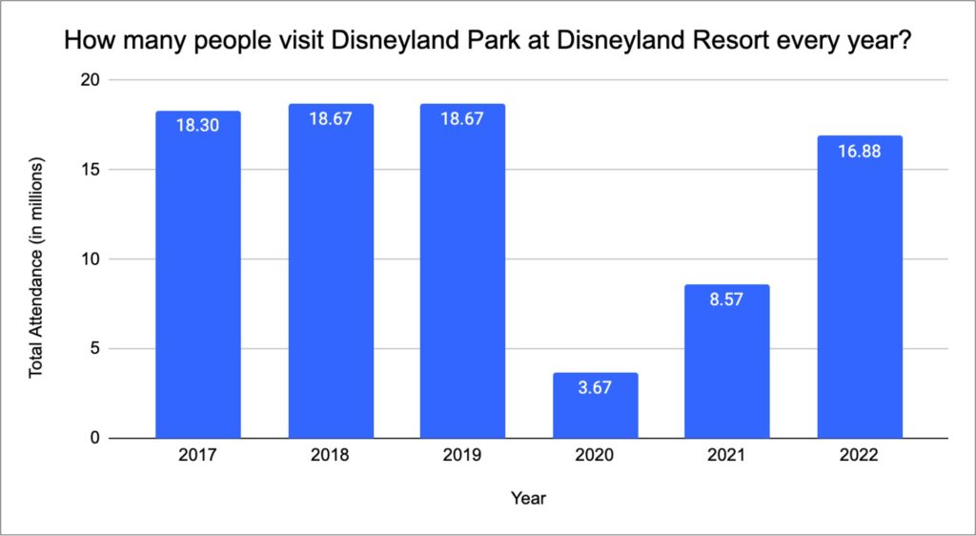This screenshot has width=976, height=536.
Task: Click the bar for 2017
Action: click(x=198, y=277)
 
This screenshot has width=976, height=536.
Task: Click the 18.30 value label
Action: click(x=198, y=125)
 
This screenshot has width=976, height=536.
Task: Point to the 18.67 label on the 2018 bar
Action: click(x=331, y=118)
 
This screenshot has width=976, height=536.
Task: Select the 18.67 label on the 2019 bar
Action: click(x=463, y=118)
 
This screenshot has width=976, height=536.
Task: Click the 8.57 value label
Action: click(x=727, y=299)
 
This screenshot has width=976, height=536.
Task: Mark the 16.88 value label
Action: click(x=860, y=151)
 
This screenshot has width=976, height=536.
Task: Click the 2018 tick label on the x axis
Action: click(x=331, y=457)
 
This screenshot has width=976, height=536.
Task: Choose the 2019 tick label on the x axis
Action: click(x=463, y=457)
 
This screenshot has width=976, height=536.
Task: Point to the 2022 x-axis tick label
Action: click(x=860, y=457)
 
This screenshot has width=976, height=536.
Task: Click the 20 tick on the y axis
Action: click(x=91, y=80)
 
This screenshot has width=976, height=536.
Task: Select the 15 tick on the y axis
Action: click(x=91, y=170)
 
